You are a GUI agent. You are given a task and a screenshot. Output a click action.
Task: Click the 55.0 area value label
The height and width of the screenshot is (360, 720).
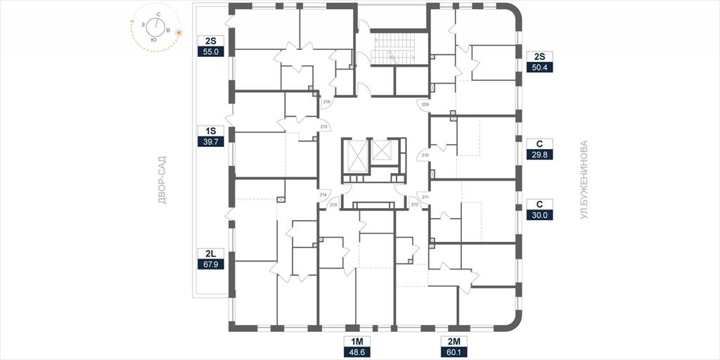pyautogui.click(x=210, y=52)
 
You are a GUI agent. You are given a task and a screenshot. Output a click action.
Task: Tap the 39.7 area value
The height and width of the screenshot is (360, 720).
pyautogui.click(x=210, y=141)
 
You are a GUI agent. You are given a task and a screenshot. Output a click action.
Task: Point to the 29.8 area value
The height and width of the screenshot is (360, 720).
pyautogui.click(x=539, y=155)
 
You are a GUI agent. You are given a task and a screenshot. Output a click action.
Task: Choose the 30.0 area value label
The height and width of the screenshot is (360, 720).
pyautogui.click(x=539, y=214)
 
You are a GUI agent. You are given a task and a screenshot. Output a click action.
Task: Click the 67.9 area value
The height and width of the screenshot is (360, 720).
pyautogui.click(x=210, y=264)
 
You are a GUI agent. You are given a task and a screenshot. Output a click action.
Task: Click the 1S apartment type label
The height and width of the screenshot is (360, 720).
pyautogui.click(x=210, y=130)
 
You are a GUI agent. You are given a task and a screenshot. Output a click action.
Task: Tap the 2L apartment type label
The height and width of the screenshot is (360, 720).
pyautogui.click(x=210, y=253)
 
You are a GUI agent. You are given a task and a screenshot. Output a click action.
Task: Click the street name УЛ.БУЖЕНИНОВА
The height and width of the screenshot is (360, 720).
pyautogui.click(x=584, y=180)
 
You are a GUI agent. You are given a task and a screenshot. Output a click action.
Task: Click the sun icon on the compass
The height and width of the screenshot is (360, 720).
pyautogui.click(x=179, y=33)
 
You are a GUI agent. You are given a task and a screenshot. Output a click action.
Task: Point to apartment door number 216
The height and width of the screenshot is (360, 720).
pyautogui.click(x=326, y=101)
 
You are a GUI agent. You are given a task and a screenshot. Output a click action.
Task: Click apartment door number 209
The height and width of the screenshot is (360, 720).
pyautogui.click(x=423, y=104)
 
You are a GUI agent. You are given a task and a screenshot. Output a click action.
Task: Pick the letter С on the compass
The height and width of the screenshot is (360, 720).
pyautogui.click(x=159, y=15)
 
